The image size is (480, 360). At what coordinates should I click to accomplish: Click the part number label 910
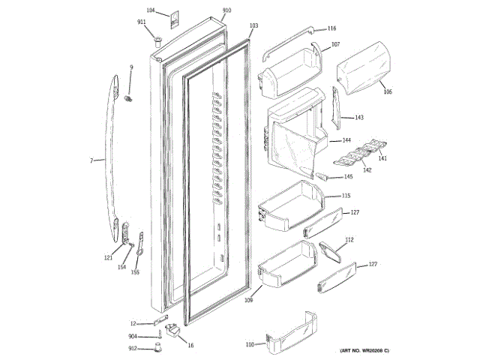click(x=226, y=10)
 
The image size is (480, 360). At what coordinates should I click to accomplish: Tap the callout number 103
click(x=253, y=26)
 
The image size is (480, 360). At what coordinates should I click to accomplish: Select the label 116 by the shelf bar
click(x=331, y=28)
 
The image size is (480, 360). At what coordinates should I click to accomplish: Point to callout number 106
click(x=387, y=91)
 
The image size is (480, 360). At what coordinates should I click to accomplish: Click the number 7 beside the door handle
click(x=91, y=160)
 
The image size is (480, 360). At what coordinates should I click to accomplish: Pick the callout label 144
click(x=346, y=140)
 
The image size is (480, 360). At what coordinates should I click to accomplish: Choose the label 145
click(x=348, y=177)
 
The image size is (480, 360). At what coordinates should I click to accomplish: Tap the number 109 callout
click(x=248, y=301)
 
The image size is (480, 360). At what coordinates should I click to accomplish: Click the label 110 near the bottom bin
click(x=250, y=345)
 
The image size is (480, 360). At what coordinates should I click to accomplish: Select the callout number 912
click(x=132, y=348)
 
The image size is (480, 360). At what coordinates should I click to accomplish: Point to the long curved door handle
click(x=111, y=150)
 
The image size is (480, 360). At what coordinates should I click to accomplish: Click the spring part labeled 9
click(x=129, y=98)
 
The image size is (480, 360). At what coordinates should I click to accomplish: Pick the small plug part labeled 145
click(x=325, y=177)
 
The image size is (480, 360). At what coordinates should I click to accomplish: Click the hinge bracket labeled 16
click(x=173, y=331)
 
